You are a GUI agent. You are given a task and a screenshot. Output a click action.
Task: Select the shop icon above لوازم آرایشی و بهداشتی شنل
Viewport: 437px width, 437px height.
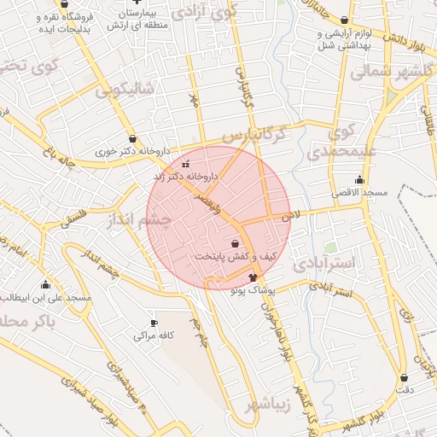(345, 20)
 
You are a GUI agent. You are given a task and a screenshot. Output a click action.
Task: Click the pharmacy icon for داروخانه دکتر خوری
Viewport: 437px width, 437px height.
(132, 138)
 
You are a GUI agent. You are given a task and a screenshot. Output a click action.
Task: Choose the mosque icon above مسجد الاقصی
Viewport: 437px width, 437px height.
(359, 180)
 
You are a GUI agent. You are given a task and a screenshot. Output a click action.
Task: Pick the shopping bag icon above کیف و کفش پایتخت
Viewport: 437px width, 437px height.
(235, 243)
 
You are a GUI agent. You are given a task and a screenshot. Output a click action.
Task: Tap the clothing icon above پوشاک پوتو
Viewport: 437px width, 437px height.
(253, 277)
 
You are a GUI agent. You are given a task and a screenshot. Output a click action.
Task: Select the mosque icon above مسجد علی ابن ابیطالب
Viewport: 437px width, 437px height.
(45, 284)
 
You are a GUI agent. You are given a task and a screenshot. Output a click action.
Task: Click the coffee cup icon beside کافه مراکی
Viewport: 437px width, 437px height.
(154, 323)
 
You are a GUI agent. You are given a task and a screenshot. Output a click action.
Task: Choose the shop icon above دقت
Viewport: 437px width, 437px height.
(404, 377)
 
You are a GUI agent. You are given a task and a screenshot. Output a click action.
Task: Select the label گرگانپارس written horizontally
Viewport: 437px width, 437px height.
(252, 135)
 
